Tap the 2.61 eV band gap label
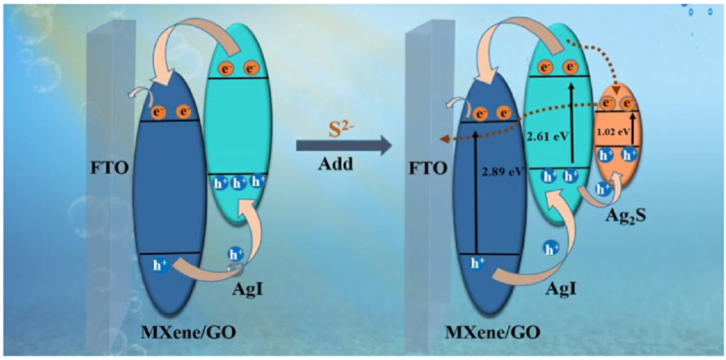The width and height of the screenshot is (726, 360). [546, 135]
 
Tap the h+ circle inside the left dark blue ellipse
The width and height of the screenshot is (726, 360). [161, 265]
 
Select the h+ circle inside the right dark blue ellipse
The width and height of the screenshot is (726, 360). [477, 264]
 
